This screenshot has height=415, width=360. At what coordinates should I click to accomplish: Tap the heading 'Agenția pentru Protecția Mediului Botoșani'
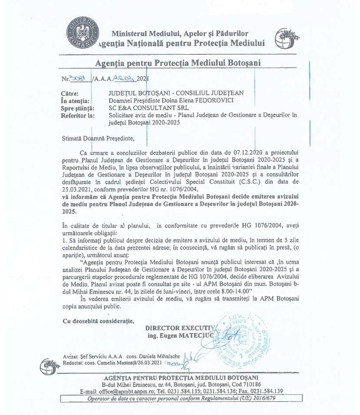pos(178,63)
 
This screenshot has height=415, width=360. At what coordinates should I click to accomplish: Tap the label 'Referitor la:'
pos(77,115)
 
